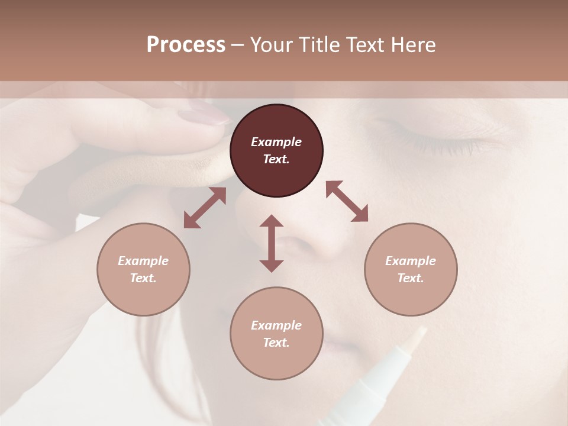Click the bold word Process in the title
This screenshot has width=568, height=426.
(x=186, y=45)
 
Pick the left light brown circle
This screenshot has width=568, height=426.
(x=143, y=269)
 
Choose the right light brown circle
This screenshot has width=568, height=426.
(x=411, y=269)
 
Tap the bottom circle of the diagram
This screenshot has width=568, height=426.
(x=276, y=333)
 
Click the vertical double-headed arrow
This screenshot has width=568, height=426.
(x=272, y=243)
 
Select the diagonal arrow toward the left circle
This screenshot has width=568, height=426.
(x=205, y=208)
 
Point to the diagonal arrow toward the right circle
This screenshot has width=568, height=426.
(x=347, y=202)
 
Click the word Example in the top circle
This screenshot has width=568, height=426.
(x=276, y=142)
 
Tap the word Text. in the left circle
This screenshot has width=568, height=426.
(x=143, y=278)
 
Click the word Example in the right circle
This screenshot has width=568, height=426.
(x=411, y=261)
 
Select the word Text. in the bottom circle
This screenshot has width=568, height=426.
(x=276, y=343)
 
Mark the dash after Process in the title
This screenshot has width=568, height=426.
(x=237, y=45)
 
